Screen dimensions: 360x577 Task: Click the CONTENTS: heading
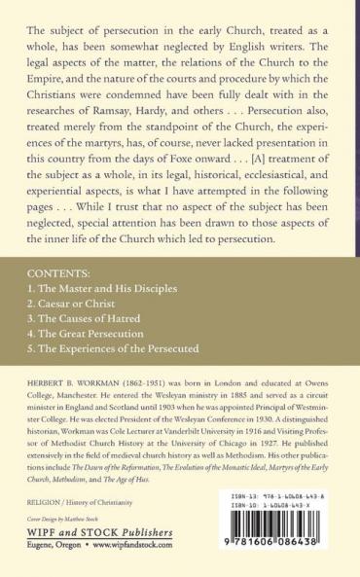coord(56,275)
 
